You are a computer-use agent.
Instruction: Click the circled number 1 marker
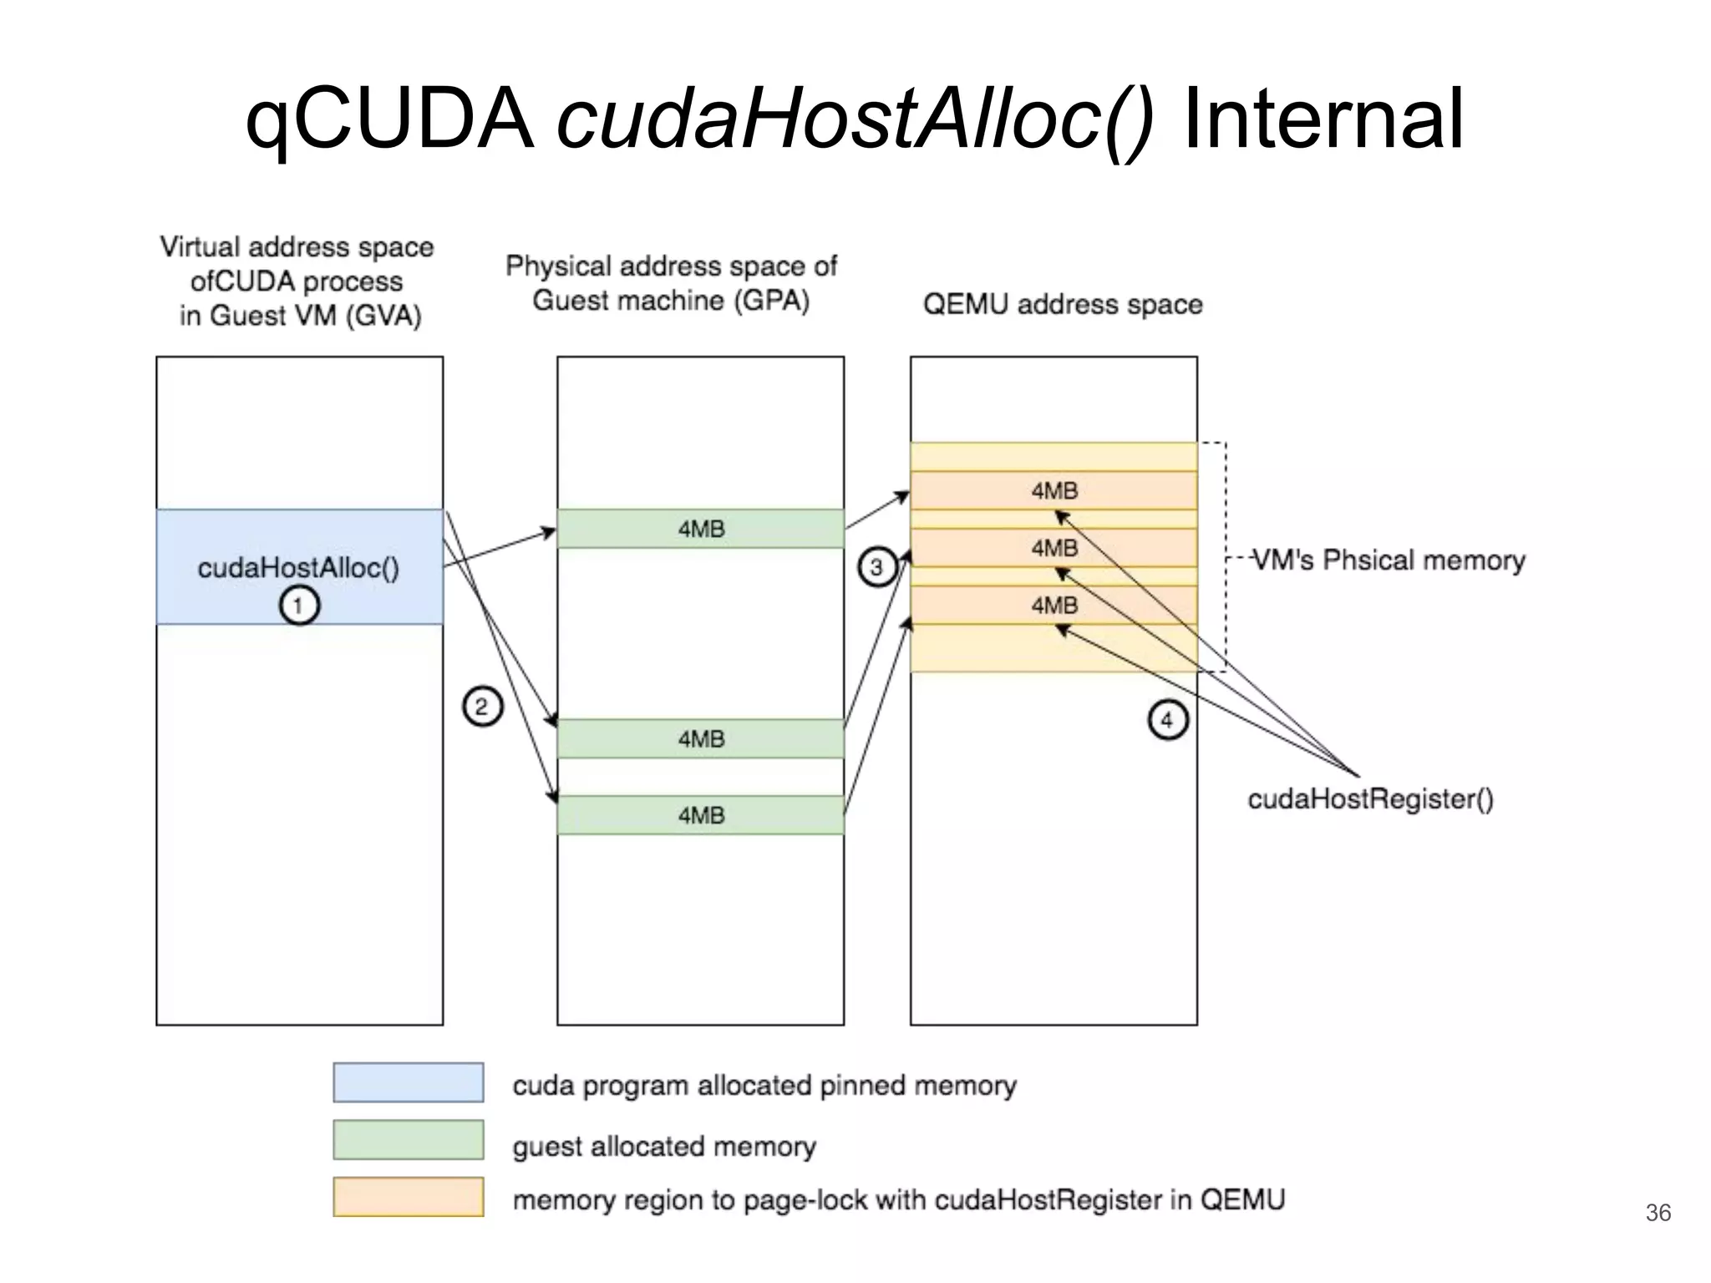[x=299, y=605]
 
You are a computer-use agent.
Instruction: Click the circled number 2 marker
[x=482, y=707]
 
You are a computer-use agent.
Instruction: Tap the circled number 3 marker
[x=876, y=568]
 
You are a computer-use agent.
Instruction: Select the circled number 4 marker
[x=1167, y=719]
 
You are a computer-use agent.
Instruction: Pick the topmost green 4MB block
[x=700, y=529]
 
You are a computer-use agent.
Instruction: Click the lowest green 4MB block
[x=700, y=815]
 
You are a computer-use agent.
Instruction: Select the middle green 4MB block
[x=700, y=739]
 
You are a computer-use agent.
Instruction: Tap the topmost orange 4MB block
[x=1054, y=490]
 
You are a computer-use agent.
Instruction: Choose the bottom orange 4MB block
[x=1054, y=605]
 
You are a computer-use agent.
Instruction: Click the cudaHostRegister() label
[x=1370, y=799]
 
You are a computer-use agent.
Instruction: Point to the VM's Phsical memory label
[x=1389, y=560]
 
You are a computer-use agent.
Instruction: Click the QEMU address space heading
[x=1062, y=304]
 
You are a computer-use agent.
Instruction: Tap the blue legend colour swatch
[x=408, y=1083]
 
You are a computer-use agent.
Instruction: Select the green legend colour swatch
[x=408, y=1140]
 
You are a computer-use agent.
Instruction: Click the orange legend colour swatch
[x=408, y=1197]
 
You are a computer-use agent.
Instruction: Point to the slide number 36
[x=1658, y=1213]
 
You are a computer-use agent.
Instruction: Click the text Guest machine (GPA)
[x=671, y=301]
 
